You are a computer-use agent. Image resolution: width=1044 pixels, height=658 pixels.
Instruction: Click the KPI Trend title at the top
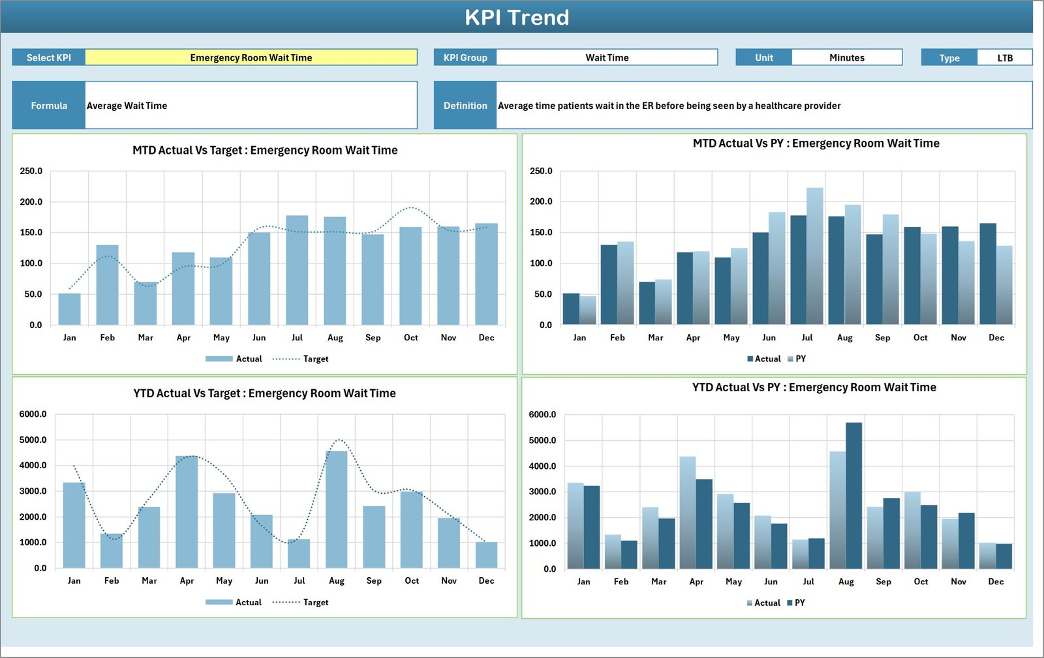517,18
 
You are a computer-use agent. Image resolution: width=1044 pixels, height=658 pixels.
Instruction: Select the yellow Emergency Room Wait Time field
251,57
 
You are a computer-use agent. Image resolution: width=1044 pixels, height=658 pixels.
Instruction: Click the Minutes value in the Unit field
846,57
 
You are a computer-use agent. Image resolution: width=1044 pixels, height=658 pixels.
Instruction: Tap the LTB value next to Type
1004,58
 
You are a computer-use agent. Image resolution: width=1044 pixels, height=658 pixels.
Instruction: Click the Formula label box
49,106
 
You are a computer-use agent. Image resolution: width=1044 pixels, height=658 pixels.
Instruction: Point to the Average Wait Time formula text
127,106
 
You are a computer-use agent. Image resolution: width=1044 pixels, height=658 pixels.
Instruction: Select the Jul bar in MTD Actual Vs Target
297,271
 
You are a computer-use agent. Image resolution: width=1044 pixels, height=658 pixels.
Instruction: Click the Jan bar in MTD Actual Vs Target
70,309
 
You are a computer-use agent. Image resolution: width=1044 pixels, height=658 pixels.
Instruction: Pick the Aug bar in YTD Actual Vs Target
337,509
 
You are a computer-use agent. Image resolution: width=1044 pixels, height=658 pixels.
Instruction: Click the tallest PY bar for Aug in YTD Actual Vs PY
853,496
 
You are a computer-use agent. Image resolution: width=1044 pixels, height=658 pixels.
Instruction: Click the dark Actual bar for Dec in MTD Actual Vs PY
987,274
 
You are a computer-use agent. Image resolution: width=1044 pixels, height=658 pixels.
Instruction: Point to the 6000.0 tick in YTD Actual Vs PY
542,415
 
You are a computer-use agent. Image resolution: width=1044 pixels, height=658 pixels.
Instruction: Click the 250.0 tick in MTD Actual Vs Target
31,171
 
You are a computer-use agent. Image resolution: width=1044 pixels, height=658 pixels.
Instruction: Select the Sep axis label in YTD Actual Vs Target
374,580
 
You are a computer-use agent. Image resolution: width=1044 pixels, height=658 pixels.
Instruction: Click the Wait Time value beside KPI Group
607,57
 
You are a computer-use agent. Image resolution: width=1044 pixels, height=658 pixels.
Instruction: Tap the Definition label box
465,106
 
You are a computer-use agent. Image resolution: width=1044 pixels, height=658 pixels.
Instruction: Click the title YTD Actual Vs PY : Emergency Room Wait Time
814,387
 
